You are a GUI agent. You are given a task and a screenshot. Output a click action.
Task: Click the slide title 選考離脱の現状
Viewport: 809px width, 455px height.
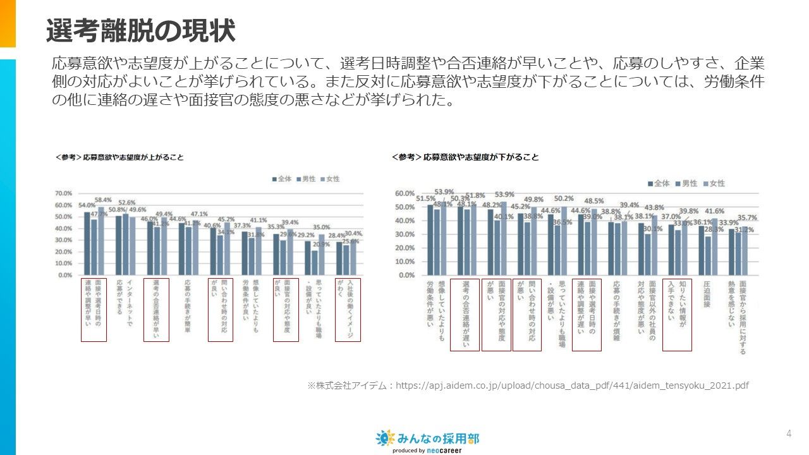click(140, 30)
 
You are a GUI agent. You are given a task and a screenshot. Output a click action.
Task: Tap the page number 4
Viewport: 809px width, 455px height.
click(789, 433)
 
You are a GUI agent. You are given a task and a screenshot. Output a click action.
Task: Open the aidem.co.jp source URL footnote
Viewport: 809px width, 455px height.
click(528, 385)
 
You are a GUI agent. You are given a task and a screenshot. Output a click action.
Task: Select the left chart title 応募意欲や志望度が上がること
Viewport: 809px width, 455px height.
click(119, 157)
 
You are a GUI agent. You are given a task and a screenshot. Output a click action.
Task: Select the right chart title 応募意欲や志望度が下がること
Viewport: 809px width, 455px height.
click(465, 157)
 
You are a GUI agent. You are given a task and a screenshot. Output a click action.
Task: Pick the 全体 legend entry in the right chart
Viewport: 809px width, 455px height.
click(658, 183)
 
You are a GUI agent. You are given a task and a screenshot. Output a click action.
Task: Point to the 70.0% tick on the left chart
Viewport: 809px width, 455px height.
click(64, 193)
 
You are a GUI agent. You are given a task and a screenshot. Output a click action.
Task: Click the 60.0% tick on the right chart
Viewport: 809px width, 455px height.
click(404, 193)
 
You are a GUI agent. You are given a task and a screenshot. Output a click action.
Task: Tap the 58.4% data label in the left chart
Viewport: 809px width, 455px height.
click(104, 200)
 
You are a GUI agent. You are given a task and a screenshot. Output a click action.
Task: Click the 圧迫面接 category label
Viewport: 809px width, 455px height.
click(708, 294)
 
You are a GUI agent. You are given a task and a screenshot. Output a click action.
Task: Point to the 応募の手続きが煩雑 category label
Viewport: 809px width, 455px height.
click(616, 310)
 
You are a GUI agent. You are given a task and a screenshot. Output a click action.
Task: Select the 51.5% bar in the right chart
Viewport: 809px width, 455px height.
click(430, 240)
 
